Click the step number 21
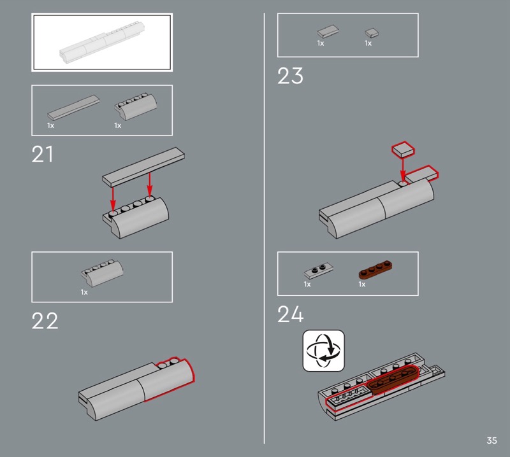pyautogui.click(x=42, y=154)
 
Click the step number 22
pyautogui.click(x=45, y=321)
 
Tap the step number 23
pyautogui.click(x=290, y=76)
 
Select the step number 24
pyautogui.click(x=291, y=314)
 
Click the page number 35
pyautogui.click(x=492, y=440)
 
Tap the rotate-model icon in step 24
pyautogui.click(x=323, y=351)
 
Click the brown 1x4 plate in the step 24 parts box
pyautogui.click(x=375, y=269)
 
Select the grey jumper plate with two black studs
pyautogui.click(x=319, y=271)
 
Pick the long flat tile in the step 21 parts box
pyautogui.click(x=73, y=108)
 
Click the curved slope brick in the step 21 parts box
pyautogui.click(x=136, y=106)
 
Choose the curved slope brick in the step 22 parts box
pyautogui.click(x=102, y=273)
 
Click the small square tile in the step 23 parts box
pyautogui.click(x=372, y=33)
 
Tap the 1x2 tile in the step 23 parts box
pyautogui.click(x=328, y=31)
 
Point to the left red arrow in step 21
pyautogui.click(x=113, y=199)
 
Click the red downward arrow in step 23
pyautogui.click(x=403, y=169)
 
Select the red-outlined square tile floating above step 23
pyautogui.click(x=403, y=150)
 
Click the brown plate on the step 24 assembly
pyautogui.click(x=393, y=379)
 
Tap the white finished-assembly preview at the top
pyautogui.click(x=102, y=42)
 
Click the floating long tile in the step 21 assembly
pyautogui.click(x=143, y=167)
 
